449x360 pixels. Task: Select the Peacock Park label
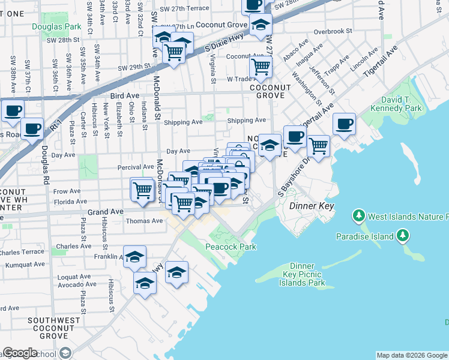pyautogui.click(x=231, y=247)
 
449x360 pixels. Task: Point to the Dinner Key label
pyautogui.click(x=310, y=206)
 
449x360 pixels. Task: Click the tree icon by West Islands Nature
pyautogui.click(x=359, y=215)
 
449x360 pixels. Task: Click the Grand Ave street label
pyautogui.click(x=105, y=212)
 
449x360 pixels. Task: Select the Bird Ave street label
pyautogui.click(x=125, y=95)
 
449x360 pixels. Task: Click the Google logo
pyautogui.click(x=20, y=353)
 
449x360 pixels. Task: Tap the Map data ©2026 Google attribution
pyautogui.click(x=412, y=355)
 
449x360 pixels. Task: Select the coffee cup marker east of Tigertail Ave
pyautogui.click(x=344, y=124)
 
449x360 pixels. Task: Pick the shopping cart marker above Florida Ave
pyautogui.click(x=143, y=190)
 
